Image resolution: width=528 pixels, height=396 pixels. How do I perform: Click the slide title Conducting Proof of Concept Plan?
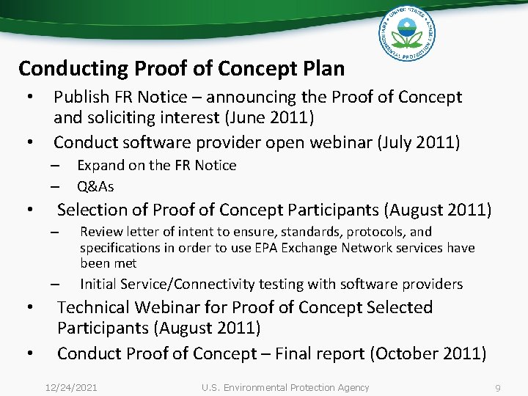point(181,69)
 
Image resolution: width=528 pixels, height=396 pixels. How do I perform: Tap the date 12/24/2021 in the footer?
point(70,387)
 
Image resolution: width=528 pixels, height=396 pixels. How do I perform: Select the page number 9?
point(498,387)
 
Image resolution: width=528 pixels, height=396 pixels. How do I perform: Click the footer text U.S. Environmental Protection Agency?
point(285,387)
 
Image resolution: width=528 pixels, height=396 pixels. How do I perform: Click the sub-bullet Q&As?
point(95,186)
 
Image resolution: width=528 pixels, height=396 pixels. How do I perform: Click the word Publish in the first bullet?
point(81,97)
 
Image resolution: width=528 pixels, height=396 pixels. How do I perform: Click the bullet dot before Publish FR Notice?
point(30,98)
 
